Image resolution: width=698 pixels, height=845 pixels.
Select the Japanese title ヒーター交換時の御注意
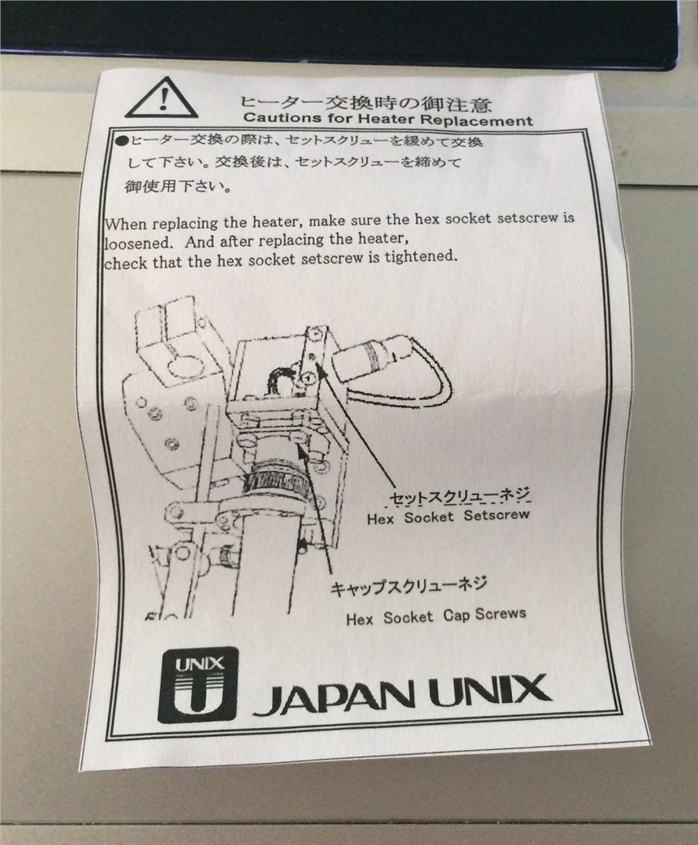(365, 102)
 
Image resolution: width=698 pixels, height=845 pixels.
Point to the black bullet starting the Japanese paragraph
(123, 141)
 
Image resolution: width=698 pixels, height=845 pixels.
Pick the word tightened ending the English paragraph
(420, 257)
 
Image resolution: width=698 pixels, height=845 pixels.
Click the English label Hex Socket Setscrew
(448, 517)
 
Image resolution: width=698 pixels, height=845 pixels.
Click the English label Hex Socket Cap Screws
(436, 616)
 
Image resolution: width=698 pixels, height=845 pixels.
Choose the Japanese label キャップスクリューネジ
(408, 586)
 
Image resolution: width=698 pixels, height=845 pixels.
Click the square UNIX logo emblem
(198, 684)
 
